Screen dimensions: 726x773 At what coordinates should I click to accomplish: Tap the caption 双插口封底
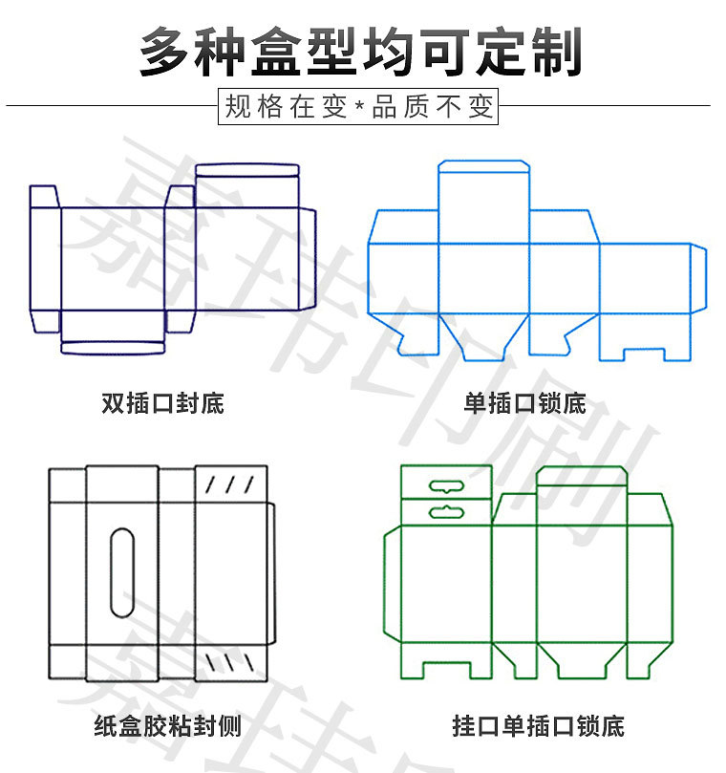coord(162,402)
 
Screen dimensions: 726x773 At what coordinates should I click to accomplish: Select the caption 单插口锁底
coord(524,402)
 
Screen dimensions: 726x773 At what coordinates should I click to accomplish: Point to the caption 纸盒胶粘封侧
coord(168,726)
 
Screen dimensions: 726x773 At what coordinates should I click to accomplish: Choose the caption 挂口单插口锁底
coord(538,726)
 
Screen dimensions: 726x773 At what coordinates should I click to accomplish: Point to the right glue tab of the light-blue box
coord(698,277)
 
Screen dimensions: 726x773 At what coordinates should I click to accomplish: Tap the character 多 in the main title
coord(167,50)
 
